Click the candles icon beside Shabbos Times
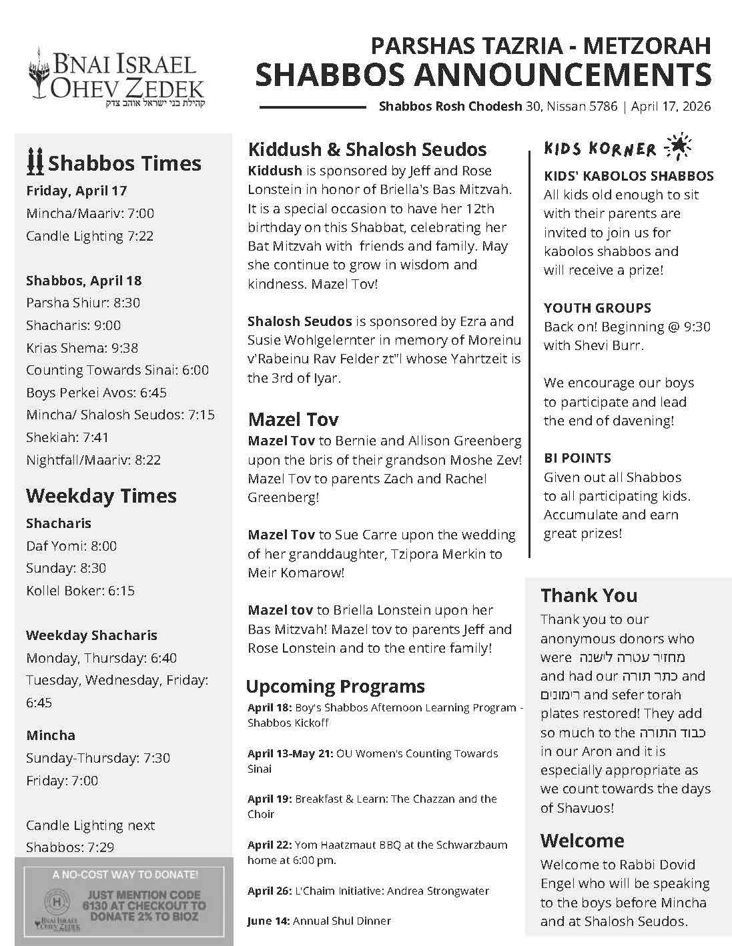(x=35, y=161)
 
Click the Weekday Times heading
(x=101, y=495)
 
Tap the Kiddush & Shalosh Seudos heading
(x=367, y=149)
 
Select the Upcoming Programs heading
(x=335, y=686)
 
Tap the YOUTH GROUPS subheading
(x=597, y=308)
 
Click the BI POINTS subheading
(x=577, y=458)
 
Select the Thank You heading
(x=589, y=595)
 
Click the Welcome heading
(x=582, y=840)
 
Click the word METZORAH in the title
(x=647, y=46)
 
